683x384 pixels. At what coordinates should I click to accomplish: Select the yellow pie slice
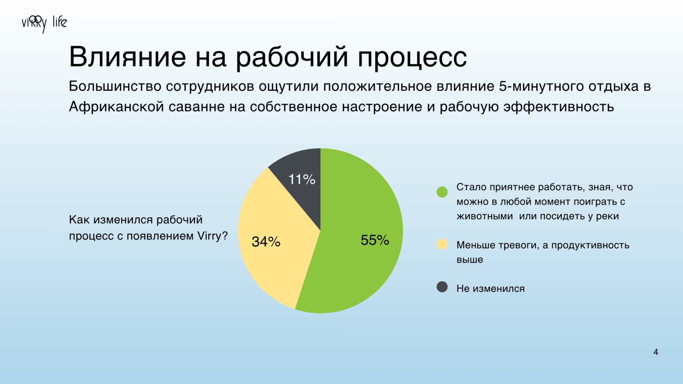274,241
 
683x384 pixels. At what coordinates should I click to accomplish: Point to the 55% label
375,240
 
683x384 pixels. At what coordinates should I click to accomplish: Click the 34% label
266,241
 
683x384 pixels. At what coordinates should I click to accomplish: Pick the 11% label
301,180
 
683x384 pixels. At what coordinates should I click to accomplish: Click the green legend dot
442,192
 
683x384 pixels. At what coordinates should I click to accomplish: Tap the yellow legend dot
442,244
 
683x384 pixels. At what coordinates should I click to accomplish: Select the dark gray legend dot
442,287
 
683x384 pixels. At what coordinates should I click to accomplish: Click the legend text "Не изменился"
490,288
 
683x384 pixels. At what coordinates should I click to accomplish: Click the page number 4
656,352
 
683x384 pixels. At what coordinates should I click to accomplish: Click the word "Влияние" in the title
128,57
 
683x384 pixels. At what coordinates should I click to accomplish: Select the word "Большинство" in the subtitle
115,86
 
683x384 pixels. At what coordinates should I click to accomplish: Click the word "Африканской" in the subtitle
117,107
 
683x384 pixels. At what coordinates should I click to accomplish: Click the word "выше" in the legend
470,260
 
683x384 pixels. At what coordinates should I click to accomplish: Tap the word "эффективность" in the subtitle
559,107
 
